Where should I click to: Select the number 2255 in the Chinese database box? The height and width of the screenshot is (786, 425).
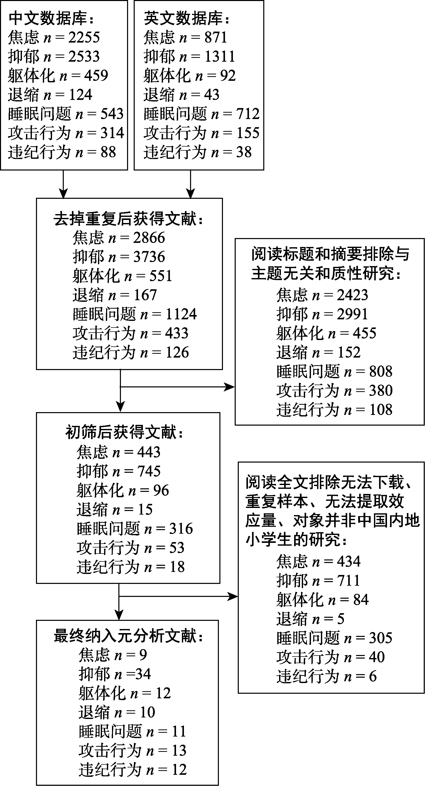tap(84, 37)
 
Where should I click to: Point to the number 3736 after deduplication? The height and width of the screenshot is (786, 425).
tap(149, 257)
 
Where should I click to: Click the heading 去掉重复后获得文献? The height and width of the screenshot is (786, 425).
tap(125, 219)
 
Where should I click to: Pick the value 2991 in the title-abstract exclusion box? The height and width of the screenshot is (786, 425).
tap(352, 314)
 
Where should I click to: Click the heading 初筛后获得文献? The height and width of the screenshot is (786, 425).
tap(121, 433)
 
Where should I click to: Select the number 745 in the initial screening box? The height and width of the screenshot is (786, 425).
tap(149, 471)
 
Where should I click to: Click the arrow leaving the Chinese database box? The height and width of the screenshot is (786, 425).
tap(63, 184)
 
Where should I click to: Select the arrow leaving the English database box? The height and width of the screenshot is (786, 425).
tap(191, 184)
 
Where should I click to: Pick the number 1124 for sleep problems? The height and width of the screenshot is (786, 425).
tap(181, 314)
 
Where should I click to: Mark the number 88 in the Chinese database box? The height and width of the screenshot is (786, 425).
tap(108, 152)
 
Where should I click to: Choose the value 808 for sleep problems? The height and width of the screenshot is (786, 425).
tap(381, 371)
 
